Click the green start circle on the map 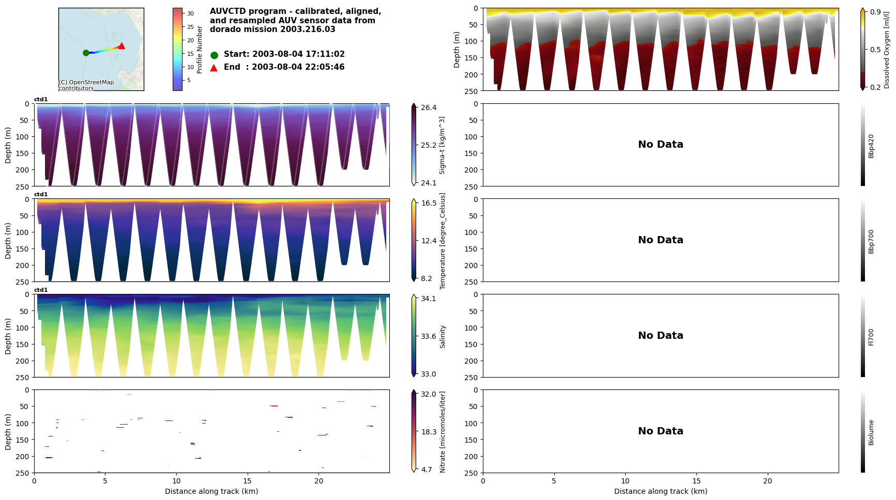coord(86,53)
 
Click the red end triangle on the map coord(122,46)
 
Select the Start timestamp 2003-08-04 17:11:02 coord(298,54)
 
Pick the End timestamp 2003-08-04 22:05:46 coord(298,67)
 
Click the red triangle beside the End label coord(214,68)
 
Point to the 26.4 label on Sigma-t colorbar coord(429,107)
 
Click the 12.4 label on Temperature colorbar coord(429,241)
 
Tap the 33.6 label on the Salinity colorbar coord(428,336)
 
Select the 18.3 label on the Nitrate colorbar coord(429,432)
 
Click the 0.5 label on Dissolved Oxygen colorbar coord(875,50)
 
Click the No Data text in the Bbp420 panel coord(660,145)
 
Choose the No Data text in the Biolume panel coord(660,431)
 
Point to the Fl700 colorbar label coord(871,337)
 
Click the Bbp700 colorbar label coord(871,241)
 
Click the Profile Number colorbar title coord(200,50)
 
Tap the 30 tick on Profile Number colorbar coord(190,14)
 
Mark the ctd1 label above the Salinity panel coord(41,290)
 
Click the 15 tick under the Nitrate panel coord(248,481)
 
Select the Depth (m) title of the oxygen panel coord(457,50)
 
